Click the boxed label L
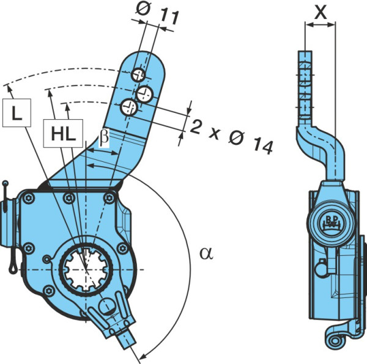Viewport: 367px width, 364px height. coord(17,113)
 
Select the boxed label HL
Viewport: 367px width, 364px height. coord(63,133)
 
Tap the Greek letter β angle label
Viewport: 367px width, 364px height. coord(104,138)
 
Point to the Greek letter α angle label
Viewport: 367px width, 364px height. coord(207,253)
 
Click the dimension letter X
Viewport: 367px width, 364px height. coord(321,12)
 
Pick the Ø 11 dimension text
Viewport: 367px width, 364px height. coord(158,13)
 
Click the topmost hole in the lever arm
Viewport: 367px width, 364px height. coord(138,75)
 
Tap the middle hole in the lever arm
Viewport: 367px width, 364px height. coord(144,94)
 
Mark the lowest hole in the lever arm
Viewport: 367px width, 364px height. coord(128,107)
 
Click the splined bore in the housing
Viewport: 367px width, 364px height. coord(86,269)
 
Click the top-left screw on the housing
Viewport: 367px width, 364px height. coord(28,198)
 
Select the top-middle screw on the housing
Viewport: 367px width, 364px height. coord(69,198)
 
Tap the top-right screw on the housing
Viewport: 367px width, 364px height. coord(109,198)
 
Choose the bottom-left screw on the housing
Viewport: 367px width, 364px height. coord(49,291)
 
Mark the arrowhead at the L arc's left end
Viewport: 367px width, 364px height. coord(9,89)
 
